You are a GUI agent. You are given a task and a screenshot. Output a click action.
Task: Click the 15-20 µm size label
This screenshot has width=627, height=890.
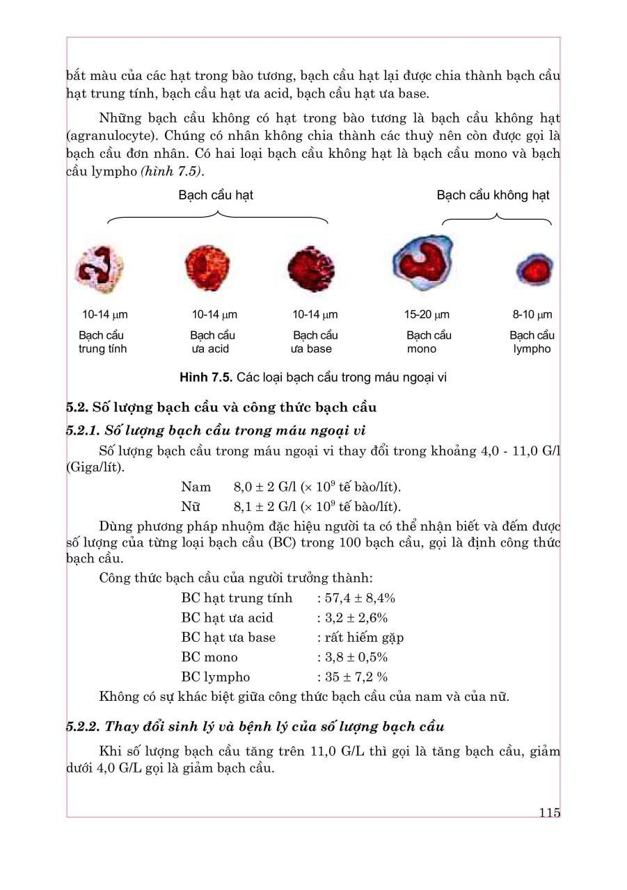(427, 315)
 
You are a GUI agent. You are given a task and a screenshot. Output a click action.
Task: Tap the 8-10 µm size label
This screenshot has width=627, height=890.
(532, 315)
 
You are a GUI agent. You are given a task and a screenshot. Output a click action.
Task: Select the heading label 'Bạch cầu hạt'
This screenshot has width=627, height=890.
(216, 195)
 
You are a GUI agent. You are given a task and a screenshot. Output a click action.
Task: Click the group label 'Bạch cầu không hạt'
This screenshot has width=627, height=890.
(493, 195)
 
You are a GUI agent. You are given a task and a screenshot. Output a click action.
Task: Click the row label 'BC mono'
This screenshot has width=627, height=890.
(209, 657)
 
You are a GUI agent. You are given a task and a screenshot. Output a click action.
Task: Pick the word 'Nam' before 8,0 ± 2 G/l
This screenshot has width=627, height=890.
(196, 487)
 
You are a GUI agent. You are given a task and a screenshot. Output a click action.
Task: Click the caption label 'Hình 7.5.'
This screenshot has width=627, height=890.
(206, 378)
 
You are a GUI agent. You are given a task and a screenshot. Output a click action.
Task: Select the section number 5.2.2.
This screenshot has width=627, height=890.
(83, 727)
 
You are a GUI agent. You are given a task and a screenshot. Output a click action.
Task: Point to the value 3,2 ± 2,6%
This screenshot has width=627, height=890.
(356, 617)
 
